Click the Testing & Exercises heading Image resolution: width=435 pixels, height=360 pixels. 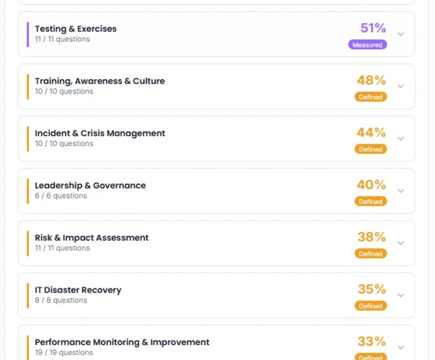click(x=75, y=29)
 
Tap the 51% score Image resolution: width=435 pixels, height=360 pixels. click(x=373, y=28)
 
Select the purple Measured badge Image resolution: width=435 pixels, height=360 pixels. click(x=368, y=45)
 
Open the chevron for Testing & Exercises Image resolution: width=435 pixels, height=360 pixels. click(x=401, y=34)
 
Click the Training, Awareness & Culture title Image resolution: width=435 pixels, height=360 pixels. click(x=100, y=81)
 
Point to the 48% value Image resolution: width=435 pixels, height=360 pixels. click(x=372, y=81)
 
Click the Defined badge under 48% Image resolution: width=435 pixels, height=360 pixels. click(x=371, y=97)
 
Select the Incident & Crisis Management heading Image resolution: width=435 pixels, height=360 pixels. click(x=100, y=134)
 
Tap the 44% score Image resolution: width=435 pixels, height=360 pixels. click(x=372, y=133)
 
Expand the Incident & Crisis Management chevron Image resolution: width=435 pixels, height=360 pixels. click(x=401, y=139)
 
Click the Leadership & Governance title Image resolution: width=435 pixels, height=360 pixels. click(x=90, y=186)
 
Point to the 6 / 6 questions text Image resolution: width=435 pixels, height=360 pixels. click(x=61, y=196)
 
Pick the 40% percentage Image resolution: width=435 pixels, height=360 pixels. click(x=372, y=185)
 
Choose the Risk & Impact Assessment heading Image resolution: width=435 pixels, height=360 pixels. click(x=92, y=238)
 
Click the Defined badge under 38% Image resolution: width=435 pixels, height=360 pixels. click(x=371, y=254)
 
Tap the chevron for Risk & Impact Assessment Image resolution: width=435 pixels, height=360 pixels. click(x=401, y=243)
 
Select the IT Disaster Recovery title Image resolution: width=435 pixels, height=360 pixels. click(x=78, y=290)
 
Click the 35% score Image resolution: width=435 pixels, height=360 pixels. click(x=372, y=290)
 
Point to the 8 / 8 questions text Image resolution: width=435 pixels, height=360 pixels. click(x=61, y=301)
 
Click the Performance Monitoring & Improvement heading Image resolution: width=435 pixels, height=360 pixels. click(x=122, y=343)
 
